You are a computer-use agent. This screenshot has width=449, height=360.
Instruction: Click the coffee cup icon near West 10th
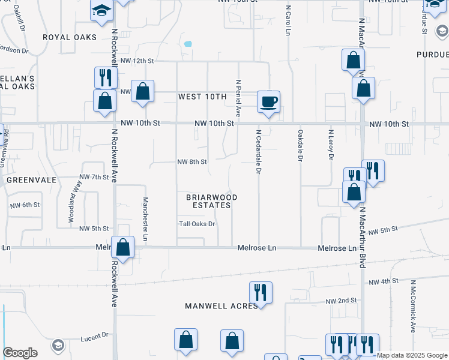pos(269,101)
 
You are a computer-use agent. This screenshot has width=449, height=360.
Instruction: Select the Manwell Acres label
pos(221,306)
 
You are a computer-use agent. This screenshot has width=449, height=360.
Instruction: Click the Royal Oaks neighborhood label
pos(70,37)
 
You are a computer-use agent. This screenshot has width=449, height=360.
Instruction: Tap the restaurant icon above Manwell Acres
pos(261,292)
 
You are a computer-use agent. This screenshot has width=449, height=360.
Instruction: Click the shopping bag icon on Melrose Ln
pos(122,247)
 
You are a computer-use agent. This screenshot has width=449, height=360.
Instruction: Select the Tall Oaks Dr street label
pos(197,224)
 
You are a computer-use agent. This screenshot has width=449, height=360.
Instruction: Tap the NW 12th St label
pos(137,61)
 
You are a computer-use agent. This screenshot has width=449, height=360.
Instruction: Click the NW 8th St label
pos(192,162)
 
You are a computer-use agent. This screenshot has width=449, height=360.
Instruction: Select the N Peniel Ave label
pos(238,98)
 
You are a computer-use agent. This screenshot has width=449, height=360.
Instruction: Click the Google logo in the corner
pos(20,353)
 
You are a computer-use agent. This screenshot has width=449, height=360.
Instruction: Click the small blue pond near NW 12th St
pos(188,44)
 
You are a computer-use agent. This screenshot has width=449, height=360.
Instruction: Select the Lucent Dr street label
pos(94,335)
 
